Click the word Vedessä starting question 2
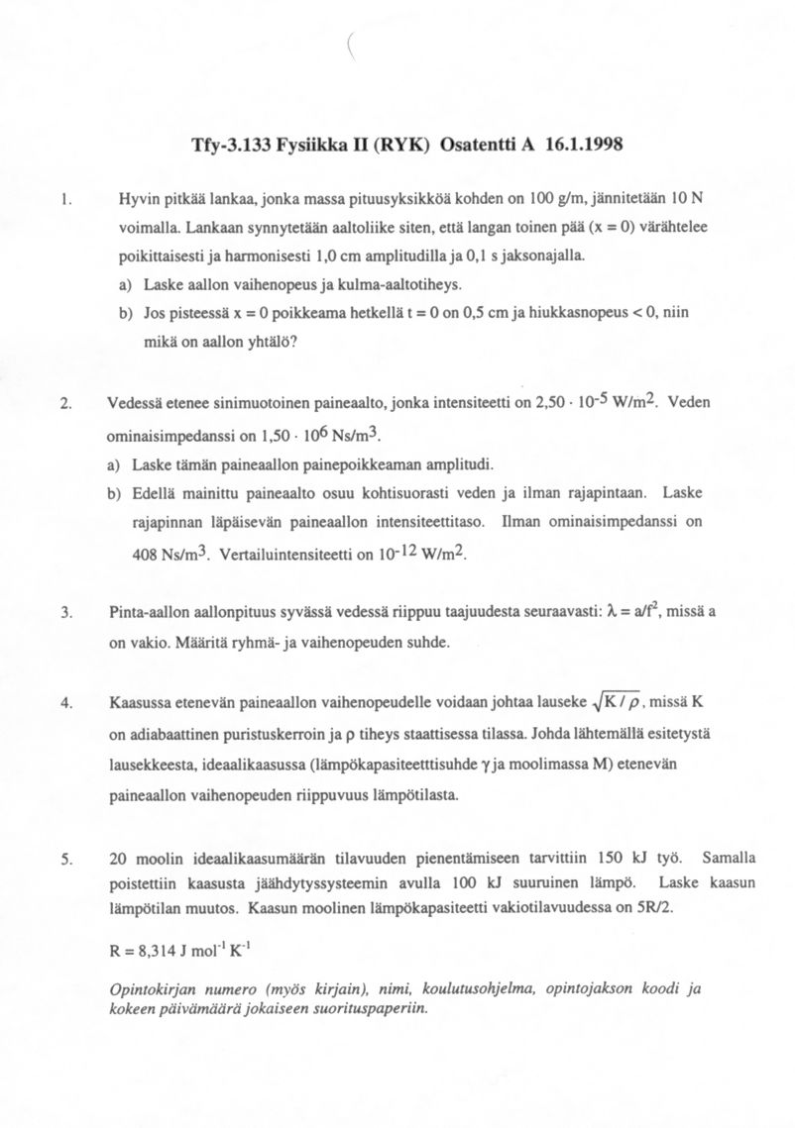pyautogui.click(x=137, y=403)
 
